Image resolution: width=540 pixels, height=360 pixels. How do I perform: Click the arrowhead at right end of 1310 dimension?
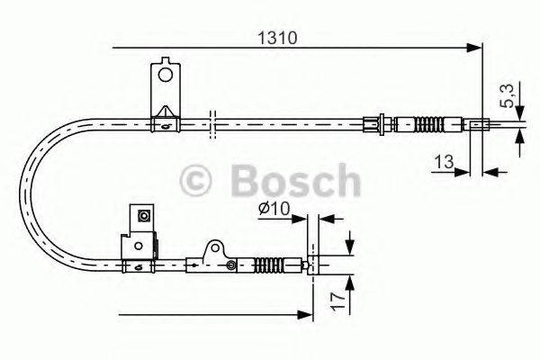pos(476,46)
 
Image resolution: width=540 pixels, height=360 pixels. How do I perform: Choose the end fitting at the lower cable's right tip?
pos(310,265)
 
